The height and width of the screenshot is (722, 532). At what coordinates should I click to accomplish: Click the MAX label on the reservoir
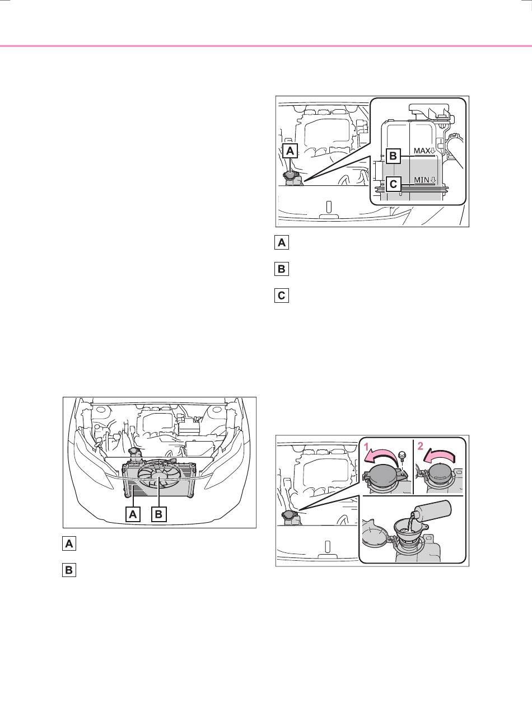(x=422, y=151)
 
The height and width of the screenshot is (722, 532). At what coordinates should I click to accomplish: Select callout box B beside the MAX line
(x=393, y=156)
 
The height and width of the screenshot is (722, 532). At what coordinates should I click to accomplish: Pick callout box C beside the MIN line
(x=393, y=184)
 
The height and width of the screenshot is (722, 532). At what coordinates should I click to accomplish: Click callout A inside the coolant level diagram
(x=290, y=151)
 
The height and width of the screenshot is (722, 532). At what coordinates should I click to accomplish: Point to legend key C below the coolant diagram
(x=282, y=296)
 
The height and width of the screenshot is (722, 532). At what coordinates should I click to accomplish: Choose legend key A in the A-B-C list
(x=282, y=242)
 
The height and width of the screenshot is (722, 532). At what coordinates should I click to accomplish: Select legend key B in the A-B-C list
(x=282, y=269)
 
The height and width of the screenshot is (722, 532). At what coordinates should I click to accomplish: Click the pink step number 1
(x=366, y=448)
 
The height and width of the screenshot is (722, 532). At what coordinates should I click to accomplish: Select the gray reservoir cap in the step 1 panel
(x=383, y=479)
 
